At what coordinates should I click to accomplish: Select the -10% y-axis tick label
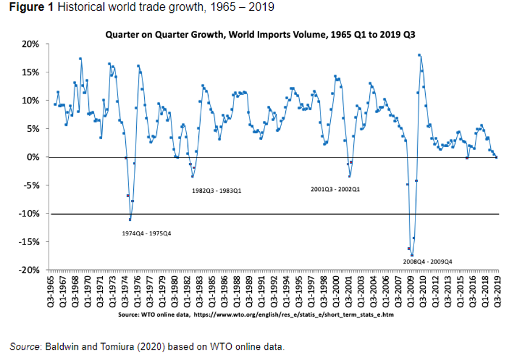click(30, 213)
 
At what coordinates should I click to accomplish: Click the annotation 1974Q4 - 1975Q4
click(147, 234)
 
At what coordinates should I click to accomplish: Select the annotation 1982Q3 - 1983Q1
click(217, 190)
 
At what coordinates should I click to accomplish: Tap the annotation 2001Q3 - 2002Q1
click(335, 189)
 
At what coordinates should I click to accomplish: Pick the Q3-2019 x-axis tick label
click(497, 291)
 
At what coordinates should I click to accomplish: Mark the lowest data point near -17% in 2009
click(412, 255)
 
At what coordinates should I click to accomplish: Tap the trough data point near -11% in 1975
click(130, 219)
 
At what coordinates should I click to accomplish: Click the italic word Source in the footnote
click(24, 347)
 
